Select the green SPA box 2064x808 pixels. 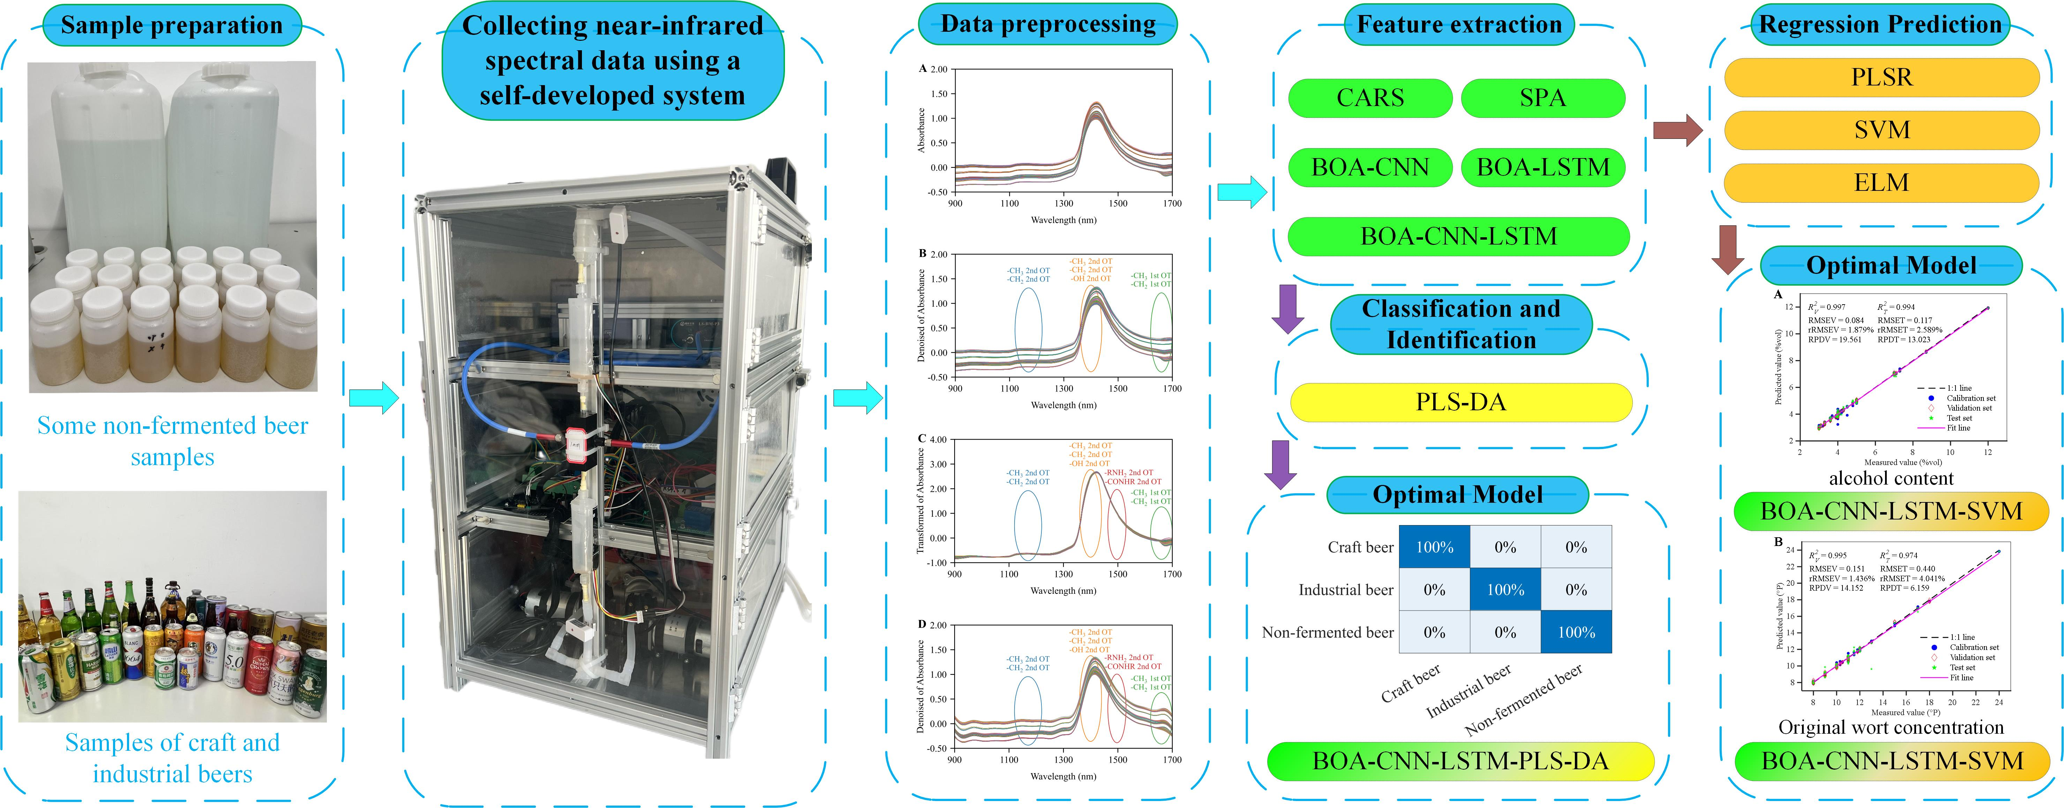click(x=1542, y=98)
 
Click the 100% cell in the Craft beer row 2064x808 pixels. click(x=1434, y=547)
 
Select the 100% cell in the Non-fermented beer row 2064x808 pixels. click(x=1576, y=633)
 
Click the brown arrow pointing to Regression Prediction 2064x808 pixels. click(x=1677, y=130)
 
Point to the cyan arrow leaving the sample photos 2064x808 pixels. click(x=373, y=397)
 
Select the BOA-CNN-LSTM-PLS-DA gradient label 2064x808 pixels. click(x=1460, y=761)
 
